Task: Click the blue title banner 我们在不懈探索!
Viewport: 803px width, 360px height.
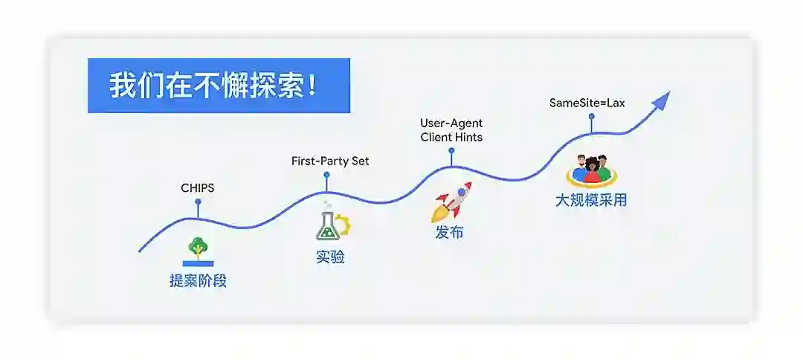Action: (x=219, y=86)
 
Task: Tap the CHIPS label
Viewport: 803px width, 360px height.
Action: (x=198, y=188)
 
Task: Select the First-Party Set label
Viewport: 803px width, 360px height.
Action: (x=329, y=161)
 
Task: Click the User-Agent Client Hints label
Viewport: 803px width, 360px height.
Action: (x=451, y=130)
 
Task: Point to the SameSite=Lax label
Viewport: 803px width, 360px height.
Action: (x=587, y=103)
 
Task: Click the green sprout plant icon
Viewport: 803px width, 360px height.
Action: (x=198, y=247)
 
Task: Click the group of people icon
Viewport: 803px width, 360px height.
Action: (x=591, y=170)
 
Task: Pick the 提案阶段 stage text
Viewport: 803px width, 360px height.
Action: (x=198, y=281)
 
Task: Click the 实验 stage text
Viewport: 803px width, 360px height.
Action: (x=330, y=257)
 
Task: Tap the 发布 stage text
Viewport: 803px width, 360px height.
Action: (x=449, y=232)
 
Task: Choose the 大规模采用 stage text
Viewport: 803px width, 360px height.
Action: (x=591, y=200)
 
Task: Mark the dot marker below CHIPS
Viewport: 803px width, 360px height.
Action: (x=198, y=202)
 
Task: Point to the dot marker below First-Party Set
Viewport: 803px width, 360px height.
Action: (x=326, y=175)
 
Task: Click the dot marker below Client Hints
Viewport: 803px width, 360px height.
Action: (x=451, y=150)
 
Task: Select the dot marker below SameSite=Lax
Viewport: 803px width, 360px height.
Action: (x=592, y=116)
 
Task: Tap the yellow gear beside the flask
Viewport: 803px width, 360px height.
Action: (x=344, y=225)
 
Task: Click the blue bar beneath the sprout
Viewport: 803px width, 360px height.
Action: (x=198, y=263)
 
